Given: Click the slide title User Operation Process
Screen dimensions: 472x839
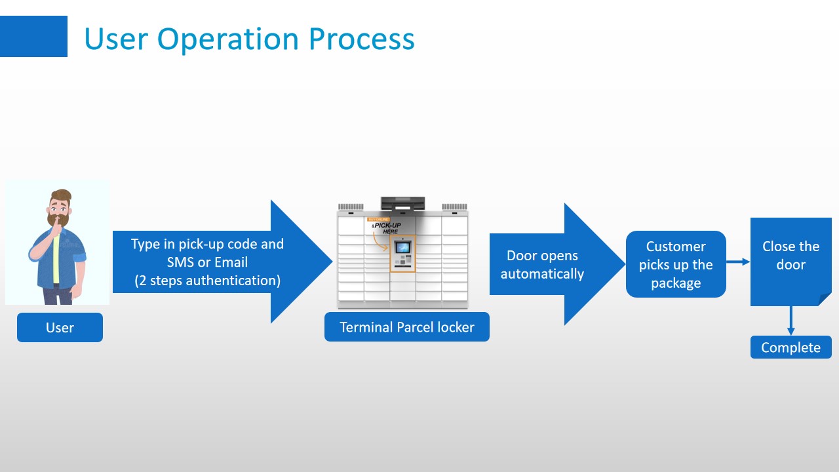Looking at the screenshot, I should [249, 39].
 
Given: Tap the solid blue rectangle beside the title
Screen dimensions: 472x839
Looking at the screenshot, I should [33, 37].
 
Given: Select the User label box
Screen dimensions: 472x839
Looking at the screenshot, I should [60, 328].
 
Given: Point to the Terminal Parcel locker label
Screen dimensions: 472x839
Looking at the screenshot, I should [406, 327].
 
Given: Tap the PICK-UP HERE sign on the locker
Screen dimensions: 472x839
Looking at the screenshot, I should [387, 227].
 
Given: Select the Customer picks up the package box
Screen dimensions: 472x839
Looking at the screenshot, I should [676, 264].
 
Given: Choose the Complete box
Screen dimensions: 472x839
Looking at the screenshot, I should [790, 347].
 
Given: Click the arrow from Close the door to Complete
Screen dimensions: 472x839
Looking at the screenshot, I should [791, 321].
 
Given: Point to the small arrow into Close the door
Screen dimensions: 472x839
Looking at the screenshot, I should [738, 262].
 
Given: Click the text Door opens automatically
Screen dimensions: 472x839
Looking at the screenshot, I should [542, 264].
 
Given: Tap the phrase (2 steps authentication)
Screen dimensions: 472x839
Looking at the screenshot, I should [208, 281].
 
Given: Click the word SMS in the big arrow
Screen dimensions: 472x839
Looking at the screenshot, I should [181, 262].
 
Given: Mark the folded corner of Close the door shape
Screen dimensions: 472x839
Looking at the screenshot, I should [825, 299].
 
